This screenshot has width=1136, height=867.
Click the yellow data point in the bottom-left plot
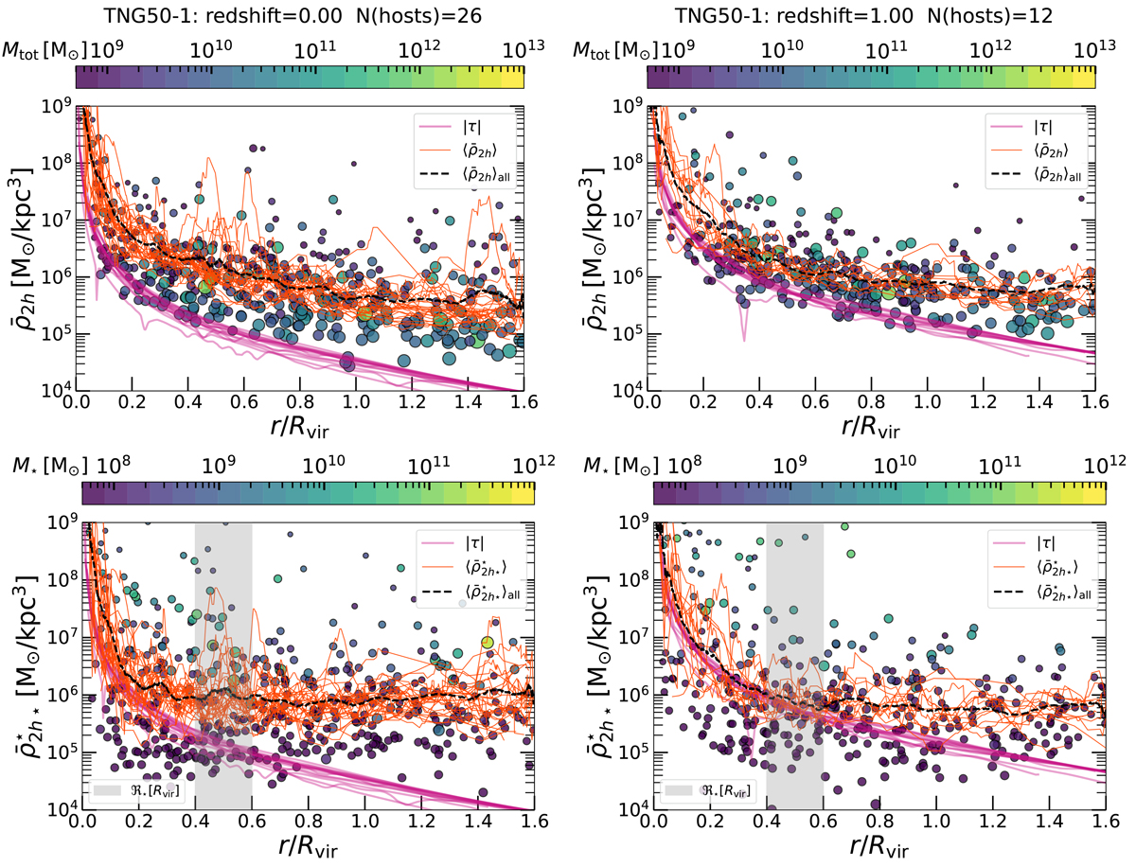click(x=487, y=643)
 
